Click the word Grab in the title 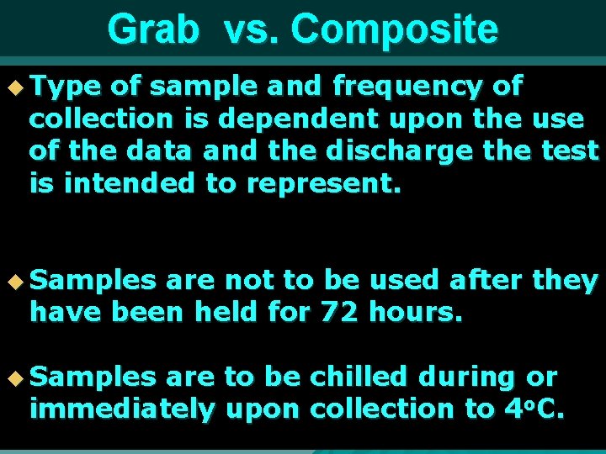coord(153,30)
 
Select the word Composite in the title coord(394,30)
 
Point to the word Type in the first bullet coord(66,86)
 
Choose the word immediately coord(122,409)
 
